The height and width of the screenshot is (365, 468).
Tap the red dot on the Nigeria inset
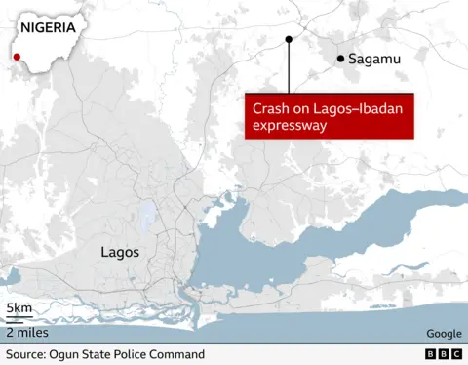point(17,57)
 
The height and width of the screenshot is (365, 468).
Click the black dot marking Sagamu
point(340,59)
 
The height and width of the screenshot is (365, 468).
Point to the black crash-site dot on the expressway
point(289,40)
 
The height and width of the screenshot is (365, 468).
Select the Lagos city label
point(120,252)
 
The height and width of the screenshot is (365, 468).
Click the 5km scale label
point(19,309)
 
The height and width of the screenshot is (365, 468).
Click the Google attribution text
point(444,333)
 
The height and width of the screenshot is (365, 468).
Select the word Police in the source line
point(131,354)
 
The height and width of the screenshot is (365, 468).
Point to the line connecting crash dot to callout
point(289,68)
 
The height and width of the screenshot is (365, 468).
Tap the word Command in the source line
point(177,354)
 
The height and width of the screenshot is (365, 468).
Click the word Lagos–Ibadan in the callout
point(344,108)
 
